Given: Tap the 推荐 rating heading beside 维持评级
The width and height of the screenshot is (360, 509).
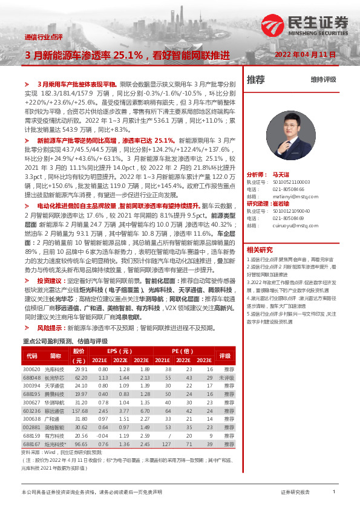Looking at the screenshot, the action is click(x=256, y=79).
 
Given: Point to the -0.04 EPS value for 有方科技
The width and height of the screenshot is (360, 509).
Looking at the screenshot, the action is click(x=103, y=434).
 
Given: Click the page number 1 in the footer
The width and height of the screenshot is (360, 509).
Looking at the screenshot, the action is click(x=334, y=492).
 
